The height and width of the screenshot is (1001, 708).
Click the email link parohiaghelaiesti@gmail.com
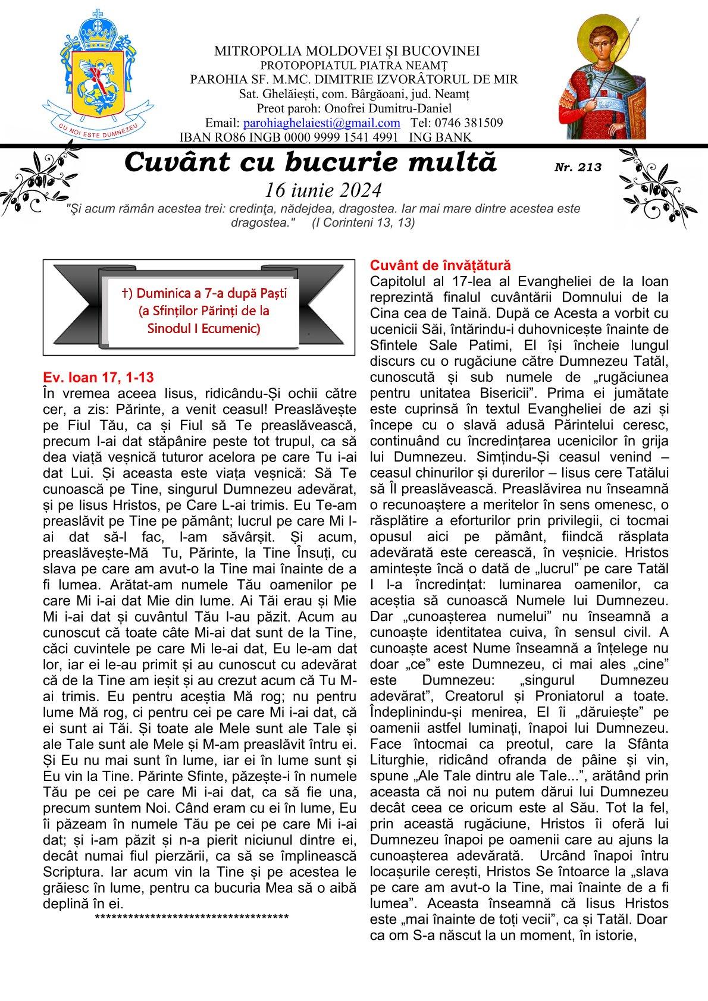pos(322,123)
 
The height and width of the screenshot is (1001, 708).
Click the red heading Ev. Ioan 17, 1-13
pos(99,377)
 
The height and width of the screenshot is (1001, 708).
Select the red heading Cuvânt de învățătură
pos(440,265)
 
